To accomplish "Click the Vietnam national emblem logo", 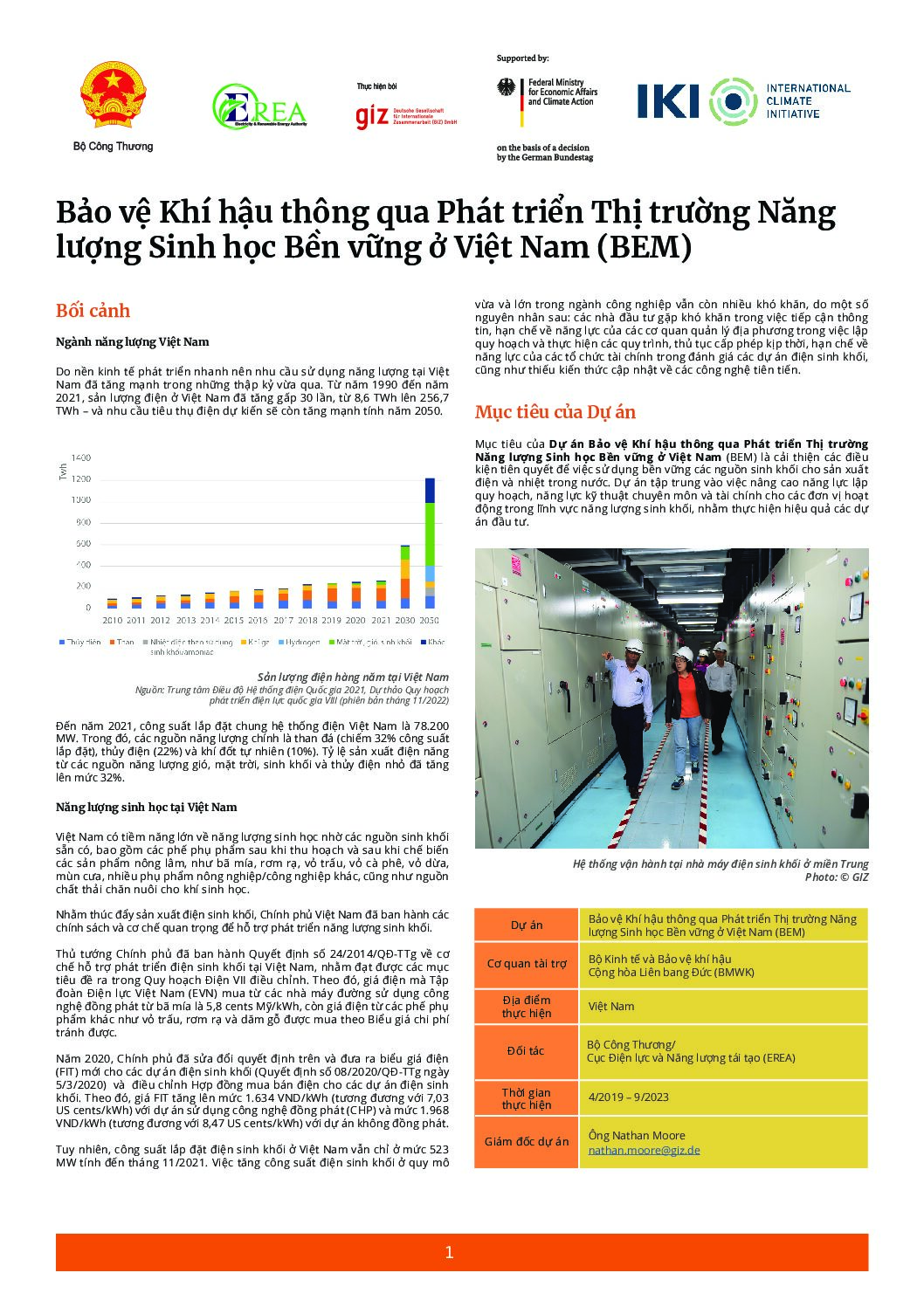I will pyautogui.click(x=113, y=95).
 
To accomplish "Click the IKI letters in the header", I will pyautogui.click(x=668, y=101).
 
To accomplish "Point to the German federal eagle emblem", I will pyautogui.click(x=507, y=89).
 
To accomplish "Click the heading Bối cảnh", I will pyautogui.click(x=93, y=311).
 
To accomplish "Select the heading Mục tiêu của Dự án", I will pyautogui.click(x=555, y=412).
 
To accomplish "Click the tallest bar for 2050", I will pyautogui.click(x=430, y=541).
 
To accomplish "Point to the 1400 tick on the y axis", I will pyautogui.click(x=80, y=457).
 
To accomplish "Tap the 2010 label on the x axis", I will pyautogui.click(x=112, y=620).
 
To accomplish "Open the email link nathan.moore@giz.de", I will pyautogui.click(x=644, y=1150).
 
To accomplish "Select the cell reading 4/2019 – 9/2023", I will pyautogui.click(x=628, y=1097).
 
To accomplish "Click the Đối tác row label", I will pyautogui.click(x=526, y=1050).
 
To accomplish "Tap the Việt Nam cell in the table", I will pyautogui.click(x=610, y=1006).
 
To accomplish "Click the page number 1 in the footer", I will pyautogui.click(x=449, y=1252).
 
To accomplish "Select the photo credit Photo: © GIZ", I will pyautogui.click(x=836, y=877).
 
